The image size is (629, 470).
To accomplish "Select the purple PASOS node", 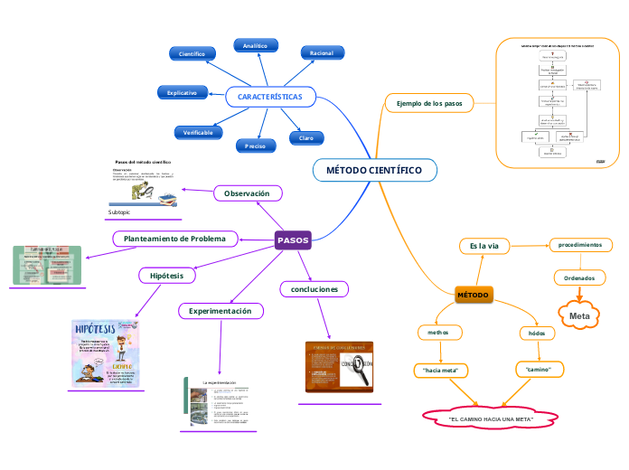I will (x=293, y=240).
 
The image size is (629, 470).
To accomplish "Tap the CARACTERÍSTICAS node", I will (x=270, y=96).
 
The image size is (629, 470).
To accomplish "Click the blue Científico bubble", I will (x=192, y=54).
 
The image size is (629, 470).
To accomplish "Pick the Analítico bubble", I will (x=255, y=45).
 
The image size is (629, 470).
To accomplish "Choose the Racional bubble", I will (x=322, y=53).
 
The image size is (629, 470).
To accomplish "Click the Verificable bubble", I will (x=198, y=133).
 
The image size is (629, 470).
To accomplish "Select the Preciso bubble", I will (x=255, y=145).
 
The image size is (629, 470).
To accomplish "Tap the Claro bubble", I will (x=306, y=138).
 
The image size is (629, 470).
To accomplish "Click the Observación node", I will (x=247, y=193).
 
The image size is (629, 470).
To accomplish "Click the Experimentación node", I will (x=221, y=311).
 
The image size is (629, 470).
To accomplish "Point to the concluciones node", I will (x=314, y=289).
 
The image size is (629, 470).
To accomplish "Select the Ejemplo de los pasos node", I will (x=429, y=104).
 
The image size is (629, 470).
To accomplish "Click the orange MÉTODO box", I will (x=473, y=296).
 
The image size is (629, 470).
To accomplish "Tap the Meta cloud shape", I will (x=579, y=315).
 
